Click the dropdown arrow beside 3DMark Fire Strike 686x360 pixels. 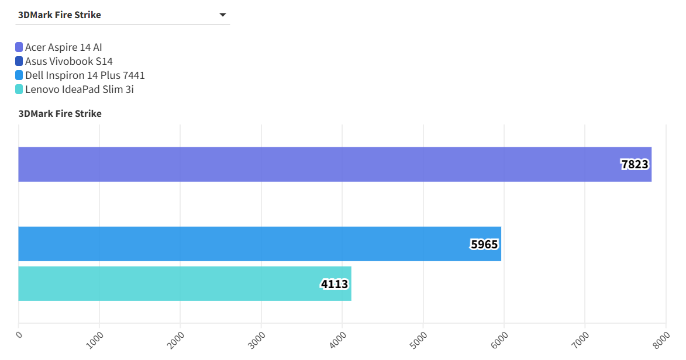[x=223, y=15]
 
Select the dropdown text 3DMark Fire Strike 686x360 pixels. [x=60, y=15]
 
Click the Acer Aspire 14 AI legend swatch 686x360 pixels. [x=19, y=47]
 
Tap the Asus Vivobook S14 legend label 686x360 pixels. [x=68, y=61]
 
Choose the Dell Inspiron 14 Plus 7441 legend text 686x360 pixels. [x=85, y=75]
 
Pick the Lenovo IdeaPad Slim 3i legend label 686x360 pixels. [x=80, y=89]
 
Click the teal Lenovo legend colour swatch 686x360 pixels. [x=19, y=89]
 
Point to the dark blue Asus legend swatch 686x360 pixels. [x=19, y=61]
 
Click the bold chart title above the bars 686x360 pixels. [x=60, y=113]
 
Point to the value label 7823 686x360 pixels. [x=635, y=164]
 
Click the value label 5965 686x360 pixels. [x=484, y=244]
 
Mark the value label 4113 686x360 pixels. [x=335, y=284]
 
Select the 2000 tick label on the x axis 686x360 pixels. [x=175, y=340]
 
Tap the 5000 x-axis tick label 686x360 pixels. [x=418, y=340]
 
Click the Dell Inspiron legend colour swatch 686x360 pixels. [x=19, y=75]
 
